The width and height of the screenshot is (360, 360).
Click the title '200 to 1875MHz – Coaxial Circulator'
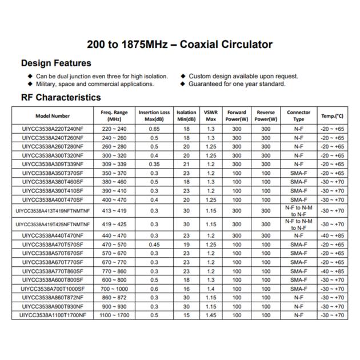[x=180, y=45]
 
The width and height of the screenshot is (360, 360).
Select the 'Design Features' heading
[x=56, y=63]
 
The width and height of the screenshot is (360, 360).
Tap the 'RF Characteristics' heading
[x=61, y=98]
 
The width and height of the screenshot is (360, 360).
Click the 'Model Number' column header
[x=53, y=116]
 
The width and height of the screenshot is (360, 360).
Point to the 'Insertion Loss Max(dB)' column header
[x=154, y=116]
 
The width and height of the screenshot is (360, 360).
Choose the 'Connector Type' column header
[x=298, y=116]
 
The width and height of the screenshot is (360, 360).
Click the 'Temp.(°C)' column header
[x=332, y=116]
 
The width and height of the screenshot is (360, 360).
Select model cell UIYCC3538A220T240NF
[x=53, y=130]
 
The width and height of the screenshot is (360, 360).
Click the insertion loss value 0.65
[x=154, y=130]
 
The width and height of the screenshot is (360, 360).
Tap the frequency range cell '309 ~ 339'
[x=114, y=164]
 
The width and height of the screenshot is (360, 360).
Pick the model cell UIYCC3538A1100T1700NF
[x=53, y=315]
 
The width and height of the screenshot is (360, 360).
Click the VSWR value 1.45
[x=211, y=315]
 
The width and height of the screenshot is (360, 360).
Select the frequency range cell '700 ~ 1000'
[x=114, y=289]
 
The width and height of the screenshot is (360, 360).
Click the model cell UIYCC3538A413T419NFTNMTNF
[x=53, y=210]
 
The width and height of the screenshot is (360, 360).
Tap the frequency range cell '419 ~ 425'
[x=114, y=224]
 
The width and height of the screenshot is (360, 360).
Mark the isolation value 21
[x=186, y=164]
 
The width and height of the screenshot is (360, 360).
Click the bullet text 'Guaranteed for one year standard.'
[x=237, y=84]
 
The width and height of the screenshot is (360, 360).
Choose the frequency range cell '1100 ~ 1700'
[x=114, y=315]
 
